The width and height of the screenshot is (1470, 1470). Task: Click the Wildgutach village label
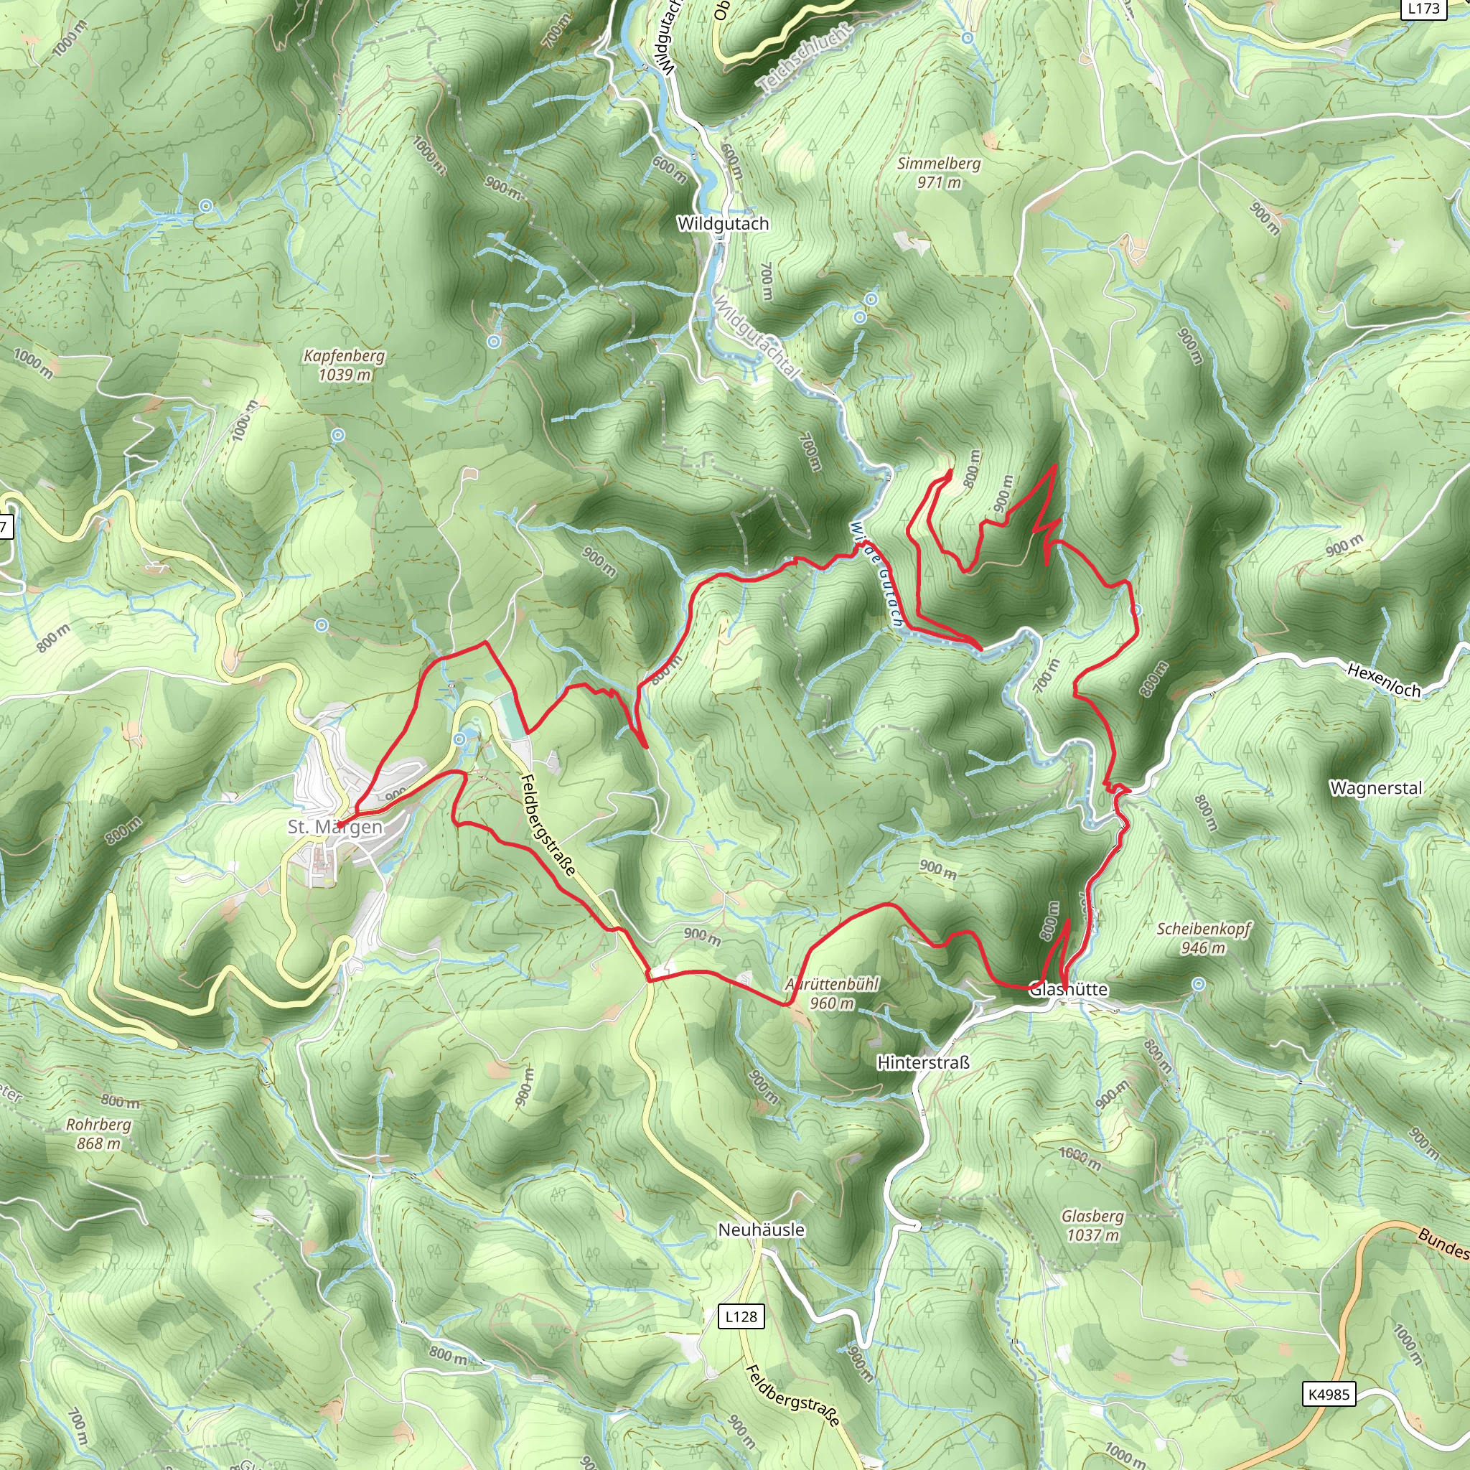723,224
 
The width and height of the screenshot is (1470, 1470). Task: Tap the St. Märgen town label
334,827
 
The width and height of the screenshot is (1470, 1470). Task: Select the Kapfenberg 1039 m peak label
344,365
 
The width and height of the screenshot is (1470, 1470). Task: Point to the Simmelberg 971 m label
939,173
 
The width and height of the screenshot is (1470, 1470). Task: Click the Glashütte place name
1068,989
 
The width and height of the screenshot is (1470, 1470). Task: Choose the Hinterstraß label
923,1062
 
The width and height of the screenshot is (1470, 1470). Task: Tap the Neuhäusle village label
761,1230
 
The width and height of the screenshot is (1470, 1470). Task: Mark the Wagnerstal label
1376,787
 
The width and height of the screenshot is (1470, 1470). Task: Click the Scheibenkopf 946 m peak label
1204,938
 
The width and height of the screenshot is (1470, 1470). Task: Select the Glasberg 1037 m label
1092,1225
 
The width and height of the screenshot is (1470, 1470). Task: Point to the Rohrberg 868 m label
98,1133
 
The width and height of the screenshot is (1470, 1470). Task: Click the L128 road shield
741,1316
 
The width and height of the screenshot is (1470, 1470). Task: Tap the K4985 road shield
1329,1394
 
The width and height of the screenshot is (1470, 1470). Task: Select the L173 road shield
1423,9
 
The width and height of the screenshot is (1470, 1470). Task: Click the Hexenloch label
1383,680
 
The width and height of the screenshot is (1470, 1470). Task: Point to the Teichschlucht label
803,58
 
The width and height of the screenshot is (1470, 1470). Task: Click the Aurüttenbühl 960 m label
832,993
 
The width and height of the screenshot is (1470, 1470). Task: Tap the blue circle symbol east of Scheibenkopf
1199,985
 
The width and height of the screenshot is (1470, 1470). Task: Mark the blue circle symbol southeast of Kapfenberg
338,435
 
